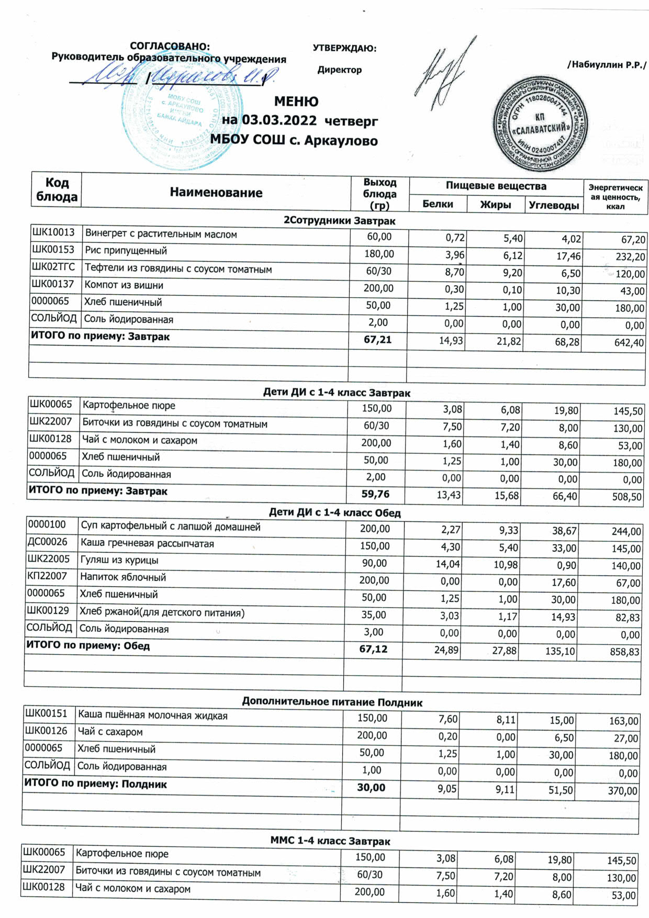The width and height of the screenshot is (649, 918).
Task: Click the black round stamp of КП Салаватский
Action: [x=540, y=124]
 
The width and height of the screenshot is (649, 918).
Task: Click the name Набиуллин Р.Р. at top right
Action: [x=607, y=65]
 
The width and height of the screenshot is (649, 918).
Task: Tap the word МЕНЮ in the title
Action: [x=296, y=102]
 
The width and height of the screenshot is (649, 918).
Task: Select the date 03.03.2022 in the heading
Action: [x=279, y=120]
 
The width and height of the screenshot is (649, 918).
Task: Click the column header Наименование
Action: [x=216, y=193]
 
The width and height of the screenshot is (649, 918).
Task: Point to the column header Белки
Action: [x=438, y=204]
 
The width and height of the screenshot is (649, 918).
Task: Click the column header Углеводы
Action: [x=554, y=205]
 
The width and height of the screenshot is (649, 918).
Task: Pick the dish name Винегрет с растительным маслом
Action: [x=161, y=234]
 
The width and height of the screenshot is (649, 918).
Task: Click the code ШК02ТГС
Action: [x=53, y=267]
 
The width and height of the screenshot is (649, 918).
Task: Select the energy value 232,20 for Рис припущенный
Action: [x=630, y=256]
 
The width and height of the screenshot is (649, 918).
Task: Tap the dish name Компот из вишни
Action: [x=124, y=285]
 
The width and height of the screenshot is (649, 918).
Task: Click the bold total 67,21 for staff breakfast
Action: [x=377, y=340]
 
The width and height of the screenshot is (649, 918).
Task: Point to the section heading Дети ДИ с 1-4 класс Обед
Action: [x=334, y=512]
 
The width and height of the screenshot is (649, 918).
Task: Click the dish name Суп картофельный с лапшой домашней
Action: [x=170, y=527]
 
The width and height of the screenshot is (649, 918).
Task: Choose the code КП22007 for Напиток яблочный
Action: [x=48, y=576]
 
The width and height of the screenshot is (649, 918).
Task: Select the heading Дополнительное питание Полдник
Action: [x=332, y=702]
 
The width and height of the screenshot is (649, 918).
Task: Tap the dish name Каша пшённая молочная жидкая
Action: [x=152, y=715]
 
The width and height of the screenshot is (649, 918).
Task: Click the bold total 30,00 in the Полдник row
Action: [x=371, y=787]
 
